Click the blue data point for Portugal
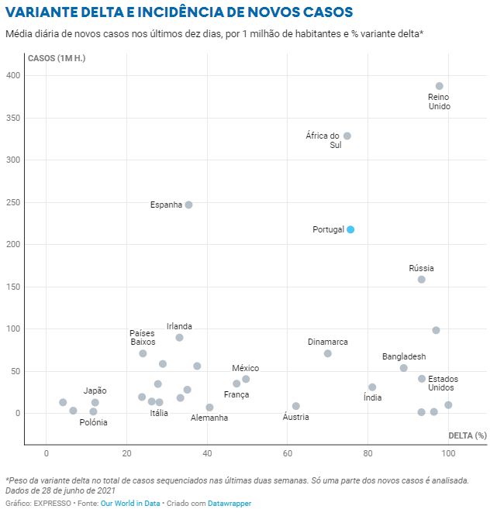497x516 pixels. pos(350,229)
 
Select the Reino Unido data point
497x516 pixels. pos(440,86)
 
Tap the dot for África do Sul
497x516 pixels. pos(347,136)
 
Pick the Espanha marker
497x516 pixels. pos(188,205)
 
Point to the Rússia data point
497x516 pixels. pos(422,279)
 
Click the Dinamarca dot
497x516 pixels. pos(328,353)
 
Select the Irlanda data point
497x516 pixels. pos(179,337)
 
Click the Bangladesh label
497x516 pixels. pos(404,356)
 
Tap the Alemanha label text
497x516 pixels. pos(209,418)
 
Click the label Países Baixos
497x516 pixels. pos(143,337)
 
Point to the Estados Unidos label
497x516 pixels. pos(443,383)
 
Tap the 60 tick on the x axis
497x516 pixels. pos(288,452)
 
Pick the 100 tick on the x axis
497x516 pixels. pos(448,452)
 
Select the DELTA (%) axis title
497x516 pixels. pos(468,435)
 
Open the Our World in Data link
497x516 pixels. pos(130,503)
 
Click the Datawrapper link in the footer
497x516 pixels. pos(230,503)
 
